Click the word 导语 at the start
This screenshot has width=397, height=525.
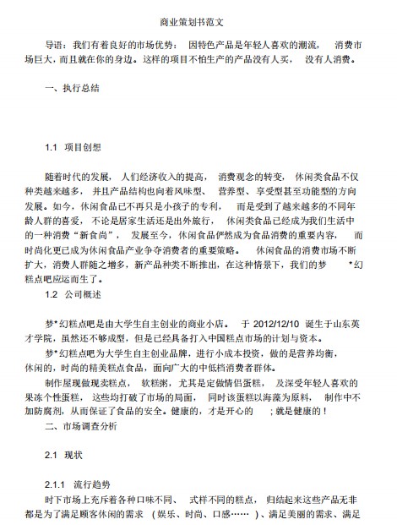point(55,42)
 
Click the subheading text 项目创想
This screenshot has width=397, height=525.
point(87,148)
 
